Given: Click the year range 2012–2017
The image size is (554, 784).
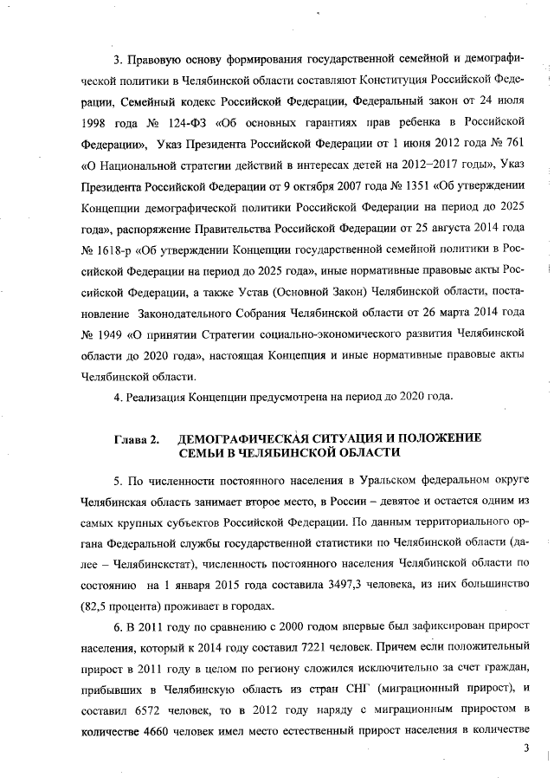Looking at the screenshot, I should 399,162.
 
